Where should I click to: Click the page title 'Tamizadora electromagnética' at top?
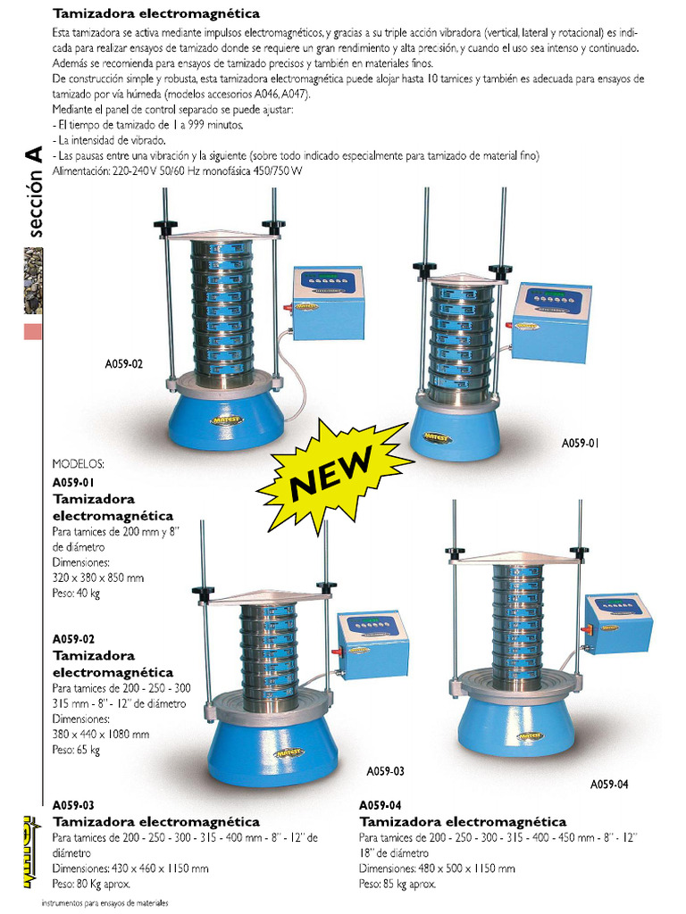[x=156, y=13]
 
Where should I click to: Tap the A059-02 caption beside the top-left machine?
[x=123, y=364]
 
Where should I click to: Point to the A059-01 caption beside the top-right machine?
[x=580, y=443]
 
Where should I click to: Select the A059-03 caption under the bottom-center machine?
[x=385, y=771]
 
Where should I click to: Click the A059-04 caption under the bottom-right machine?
[x=609, y=785]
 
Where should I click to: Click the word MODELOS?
[x=79, y=464]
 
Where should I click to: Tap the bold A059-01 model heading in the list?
[x=73, y=483]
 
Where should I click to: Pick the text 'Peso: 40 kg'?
[x=76, y=594]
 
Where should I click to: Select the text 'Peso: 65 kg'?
[x=76, y=750]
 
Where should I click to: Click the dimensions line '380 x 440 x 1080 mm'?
[x=100, y=735]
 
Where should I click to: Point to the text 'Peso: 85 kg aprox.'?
[x=397, y=885]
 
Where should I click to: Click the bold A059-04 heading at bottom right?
[x=380, y=806]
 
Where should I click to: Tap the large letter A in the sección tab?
[x=34, y=154]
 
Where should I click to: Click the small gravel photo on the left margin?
[x=33, y=280]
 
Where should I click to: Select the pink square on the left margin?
[x=33, y=331]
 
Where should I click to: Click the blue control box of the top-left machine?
[x=328, y=303]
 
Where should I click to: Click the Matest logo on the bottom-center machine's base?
[x=289, y=753]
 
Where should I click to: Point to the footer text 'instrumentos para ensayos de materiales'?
[x=105, y=903]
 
